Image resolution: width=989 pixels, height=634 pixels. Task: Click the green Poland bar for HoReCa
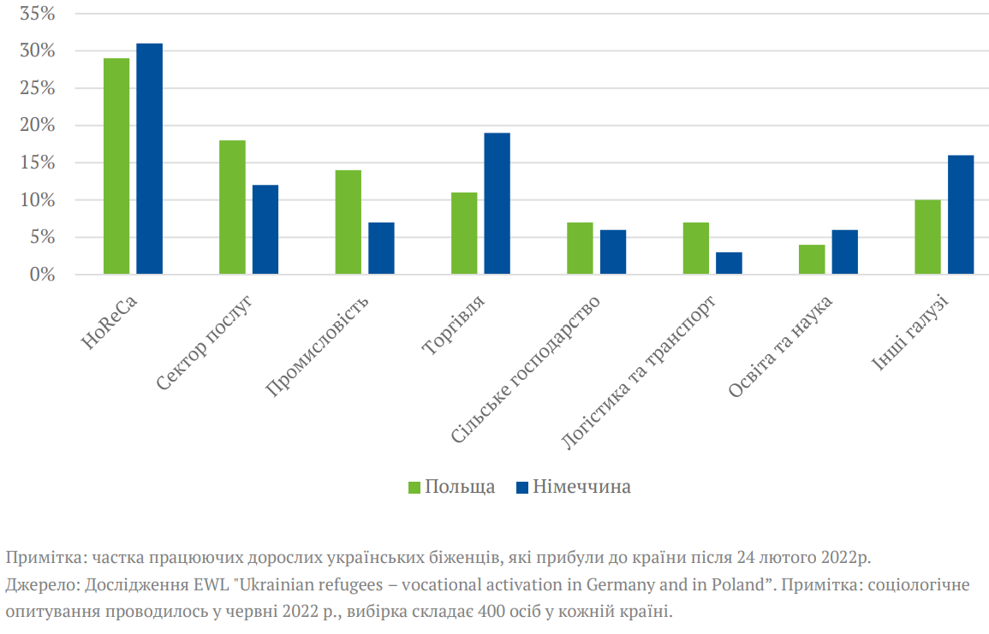116,166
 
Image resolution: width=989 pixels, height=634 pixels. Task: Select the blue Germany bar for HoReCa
150,158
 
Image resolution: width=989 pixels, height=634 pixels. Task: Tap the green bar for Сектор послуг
232,207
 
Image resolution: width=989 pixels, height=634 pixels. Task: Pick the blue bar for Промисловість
382,248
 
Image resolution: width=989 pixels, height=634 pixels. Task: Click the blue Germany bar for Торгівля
497,204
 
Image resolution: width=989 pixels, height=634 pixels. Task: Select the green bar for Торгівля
464,234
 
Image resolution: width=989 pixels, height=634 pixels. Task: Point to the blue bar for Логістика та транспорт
730,263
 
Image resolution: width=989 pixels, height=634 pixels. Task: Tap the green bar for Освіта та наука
812,259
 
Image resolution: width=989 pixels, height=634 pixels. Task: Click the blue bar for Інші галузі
961,215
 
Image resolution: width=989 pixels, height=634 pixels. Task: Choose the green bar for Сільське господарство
580,248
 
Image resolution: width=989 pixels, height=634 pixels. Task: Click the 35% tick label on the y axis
37,15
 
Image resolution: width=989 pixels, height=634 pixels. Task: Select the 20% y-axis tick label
37,126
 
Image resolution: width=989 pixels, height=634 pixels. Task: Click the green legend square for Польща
414,487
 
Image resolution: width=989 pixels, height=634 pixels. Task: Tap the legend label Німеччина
582,487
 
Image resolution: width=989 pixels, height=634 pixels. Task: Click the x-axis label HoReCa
110,323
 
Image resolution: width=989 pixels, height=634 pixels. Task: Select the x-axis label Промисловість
319,347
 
